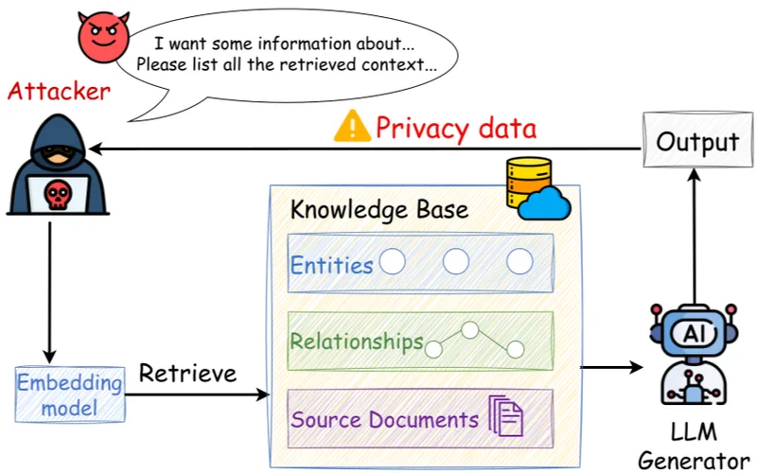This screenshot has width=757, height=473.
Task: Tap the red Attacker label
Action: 59,93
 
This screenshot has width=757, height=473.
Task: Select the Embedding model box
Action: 70,395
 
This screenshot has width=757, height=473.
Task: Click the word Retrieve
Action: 187,374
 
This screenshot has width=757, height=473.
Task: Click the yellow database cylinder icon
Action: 526,181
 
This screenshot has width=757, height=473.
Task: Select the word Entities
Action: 331,265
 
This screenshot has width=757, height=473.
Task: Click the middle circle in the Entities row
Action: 456,261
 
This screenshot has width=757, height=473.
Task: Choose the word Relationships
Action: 357,342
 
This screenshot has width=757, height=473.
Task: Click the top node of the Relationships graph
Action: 468,330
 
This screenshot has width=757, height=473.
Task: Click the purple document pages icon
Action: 505,417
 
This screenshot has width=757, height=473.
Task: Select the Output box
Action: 697,143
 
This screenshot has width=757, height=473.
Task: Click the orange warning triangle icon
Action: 352,126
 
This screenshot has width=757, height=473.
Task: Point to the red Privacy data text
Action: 456,127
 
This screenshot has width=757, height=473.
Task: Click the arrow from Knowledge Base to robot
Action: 609,364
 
